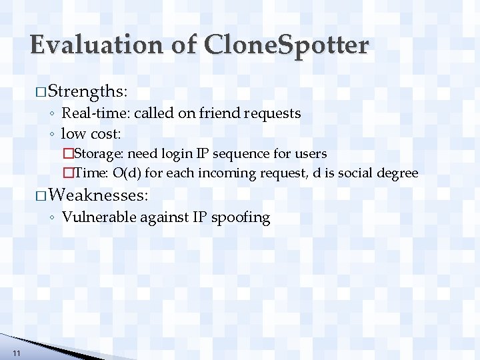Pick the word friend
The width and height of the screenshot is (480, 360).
pos(211,113)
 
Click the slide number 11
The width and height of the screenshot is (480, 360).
pos(16,353)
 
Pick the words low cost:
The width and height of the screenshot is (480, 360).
pos(91,133)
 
